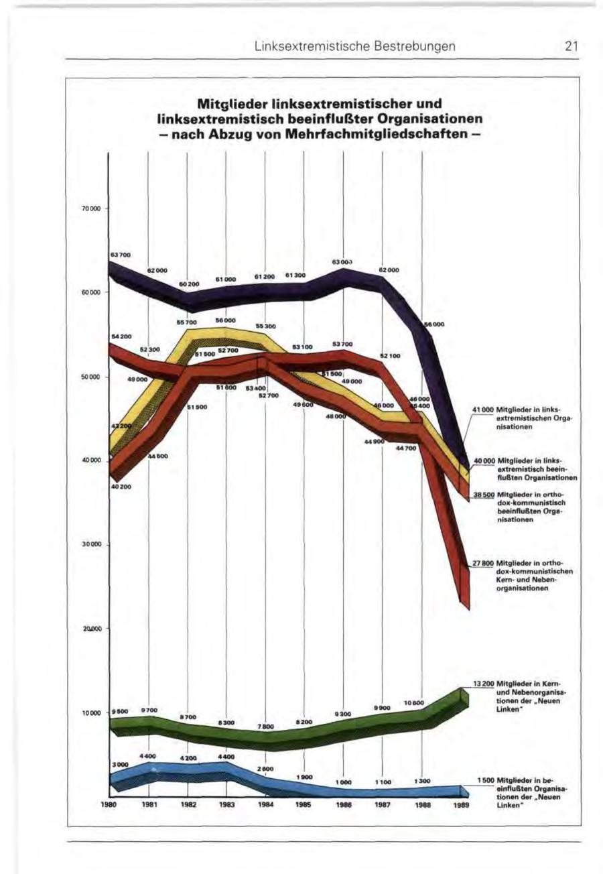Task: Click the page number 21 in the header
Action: click(571, 46)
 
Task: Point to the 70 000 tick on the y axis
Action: click(91, 209)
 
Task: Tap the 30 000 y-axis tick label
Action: click(91, 544)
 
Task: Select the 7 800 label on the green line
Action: click(266, 726)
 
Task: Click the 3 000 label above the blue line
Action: click(120, 764)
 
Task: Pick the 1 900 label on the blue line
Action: click(306, 777)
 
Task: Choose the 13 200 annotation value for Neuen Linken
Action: click(483, 684)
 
